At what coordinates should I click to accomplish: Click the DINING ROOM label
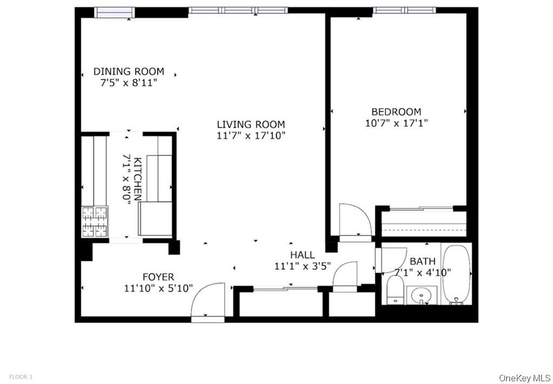coord(129,71)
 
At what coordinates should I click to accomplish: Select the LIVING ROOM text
coord(251,124)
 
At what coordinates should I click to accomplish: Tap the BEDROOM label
coord(396,112)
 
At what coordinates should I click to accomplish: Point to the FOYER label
coord(158,278)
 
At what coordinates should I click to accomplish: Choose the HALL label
coord(302,255)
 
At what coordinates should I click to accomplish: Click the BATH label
coord(422,261)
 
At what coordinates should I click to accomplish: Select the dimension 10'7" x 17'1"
coord(396,123)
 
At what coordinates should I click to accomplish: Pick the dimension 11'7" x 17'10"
coord(251,136)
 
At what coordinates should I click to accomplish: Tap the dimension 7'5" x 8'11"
coord(129,83)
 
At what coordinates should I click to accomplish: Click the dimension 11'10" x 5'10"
coord(158,288)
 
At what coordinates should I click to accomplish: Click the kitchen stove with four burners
coord(95,222)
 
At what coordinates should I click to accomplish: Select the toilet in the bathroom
coord(395,291)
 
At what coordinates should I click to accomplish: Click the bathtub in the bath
coord(457,274)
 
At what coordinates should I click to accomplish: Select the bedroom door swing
coord(354,220)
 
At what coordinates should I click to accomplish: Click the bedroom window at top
coord(404,10)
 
